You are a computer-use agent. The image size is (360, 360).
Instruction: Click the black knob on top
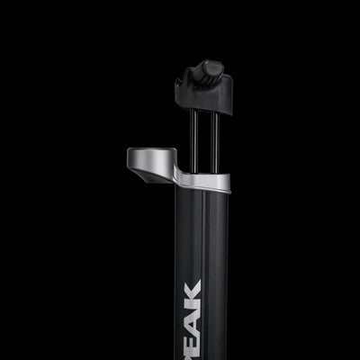point(210,69)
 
